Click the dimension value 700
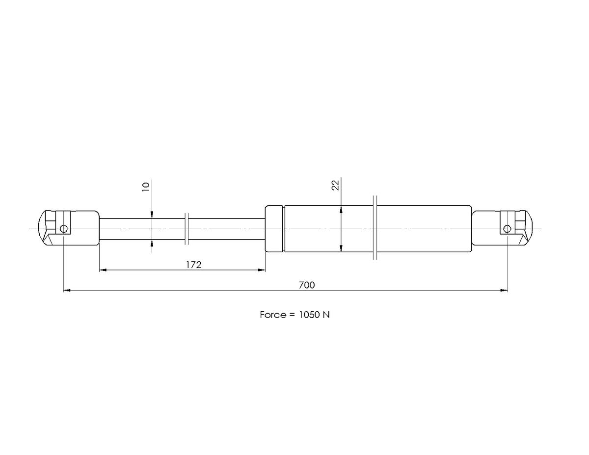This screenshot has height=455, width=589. click(x=307, y=285)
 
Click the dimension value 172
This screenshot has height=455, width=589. click(x=193, y=265)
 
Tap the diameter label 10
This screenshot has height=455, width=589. click(x=146, y=187)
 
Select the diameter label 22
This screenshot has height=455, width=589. click(x=335, y=186)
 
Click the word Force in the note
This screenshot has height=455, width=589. click(x=273, y=315)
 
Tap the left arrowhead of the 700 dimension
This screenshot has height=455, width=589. click(x=67, y=291)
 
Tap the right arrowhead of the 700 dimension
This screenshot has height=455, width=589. click(x=504, y=291)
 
